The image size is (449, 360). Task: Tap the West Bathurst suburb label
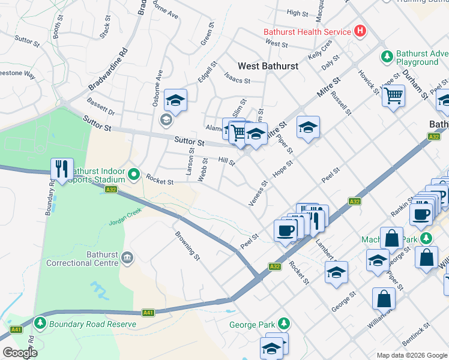268,66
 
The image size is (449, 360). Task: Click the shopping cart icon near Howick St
394,95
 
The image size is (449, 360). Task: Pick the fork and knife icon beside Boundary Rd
62,170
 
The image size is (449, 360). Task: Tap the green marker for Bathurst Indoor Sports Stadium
134,175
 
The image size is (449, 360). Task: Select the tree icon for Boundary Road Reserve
40,324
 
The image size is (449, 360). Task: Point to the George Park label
252,326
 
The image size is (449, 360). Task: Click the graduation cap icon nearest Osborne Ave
176,100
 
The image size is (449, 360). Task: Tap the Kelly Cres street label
320,50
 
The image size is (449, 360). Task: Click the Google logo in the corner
20,353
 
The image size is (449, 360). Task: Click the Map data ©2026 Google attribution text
411,355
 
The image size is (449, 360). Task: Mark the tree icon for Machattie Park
426,238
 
